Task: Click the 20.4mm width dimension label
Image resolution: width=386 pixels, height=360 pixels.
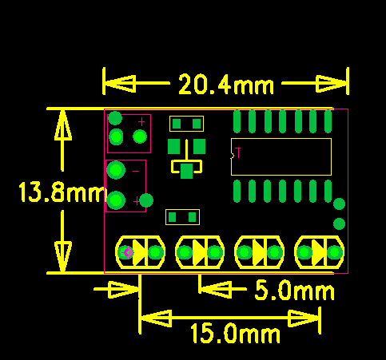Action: [x=226, y=84]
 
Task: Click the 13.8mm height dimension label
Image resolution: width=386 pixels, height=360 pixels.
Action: [x=62, y=192]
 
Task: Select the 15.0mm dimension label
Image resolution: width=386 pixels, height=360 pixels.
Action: [x=236, y=333]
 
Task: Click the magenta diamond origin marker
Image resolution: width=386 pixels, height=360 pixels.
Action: [x=129, y=253]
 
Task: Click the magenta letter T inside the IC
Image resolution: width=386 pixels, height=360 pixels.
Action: [x=238, y=152]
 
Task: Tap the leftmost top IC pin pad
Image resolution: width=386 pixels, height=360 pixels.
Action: [x=237, y=121]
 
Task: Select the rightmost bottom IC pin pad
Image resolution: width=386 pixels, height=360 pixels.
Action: [x=328, y=191]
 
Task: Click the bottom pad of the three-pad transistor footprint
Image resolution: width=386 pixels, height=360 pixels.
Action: [x=186, y=171]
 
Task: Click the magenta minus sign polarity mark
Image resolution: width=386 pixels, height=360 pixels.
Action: [x=136, y=171]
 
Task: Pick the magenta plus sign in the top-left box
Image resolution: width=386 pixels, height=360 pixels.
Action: [x=141, y=122]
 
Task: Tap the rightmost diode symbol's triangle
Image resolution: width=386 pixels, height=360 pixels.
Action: [x=318, y=252]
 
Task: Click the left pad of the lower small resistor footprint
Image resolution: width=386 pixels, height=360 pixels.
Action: [x=173, y=217]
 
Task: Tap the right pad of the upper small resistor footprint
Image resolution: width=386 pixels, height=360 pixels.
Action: [x=197, y=124]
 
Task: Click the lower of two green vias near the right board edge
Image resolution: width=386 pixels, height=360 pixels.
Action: [x=340, y=224]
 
